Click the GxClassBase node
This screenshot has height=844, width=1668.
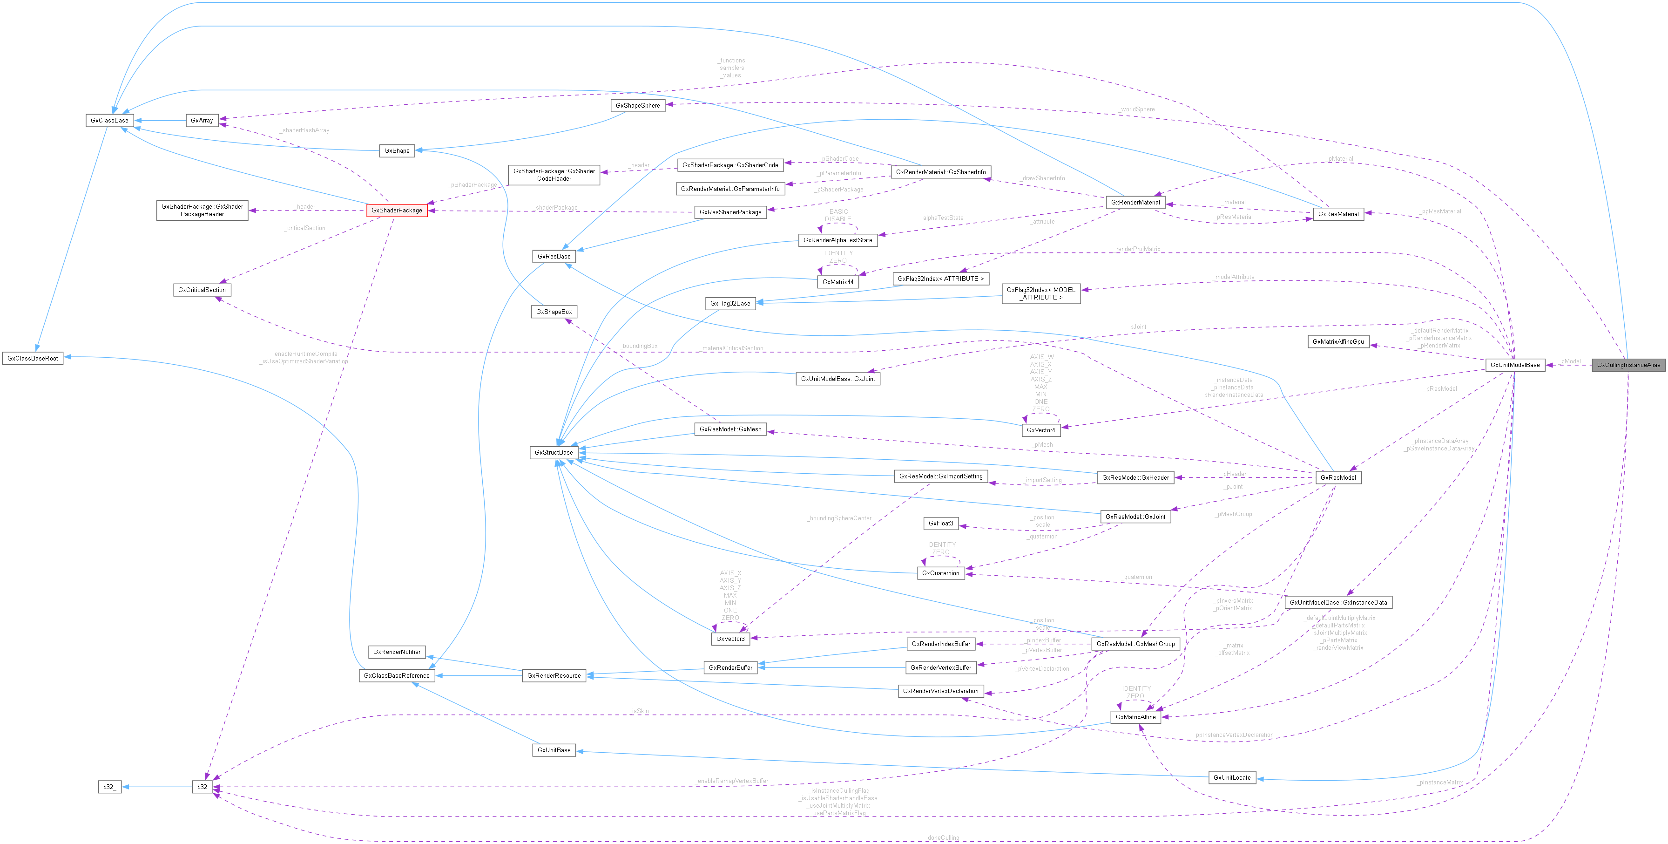pos(109,121)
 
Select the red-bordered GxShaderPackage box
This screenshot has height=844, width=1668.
pos(396,211)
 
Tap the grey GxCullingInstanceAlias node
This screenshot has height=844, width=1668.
pos(1628,365)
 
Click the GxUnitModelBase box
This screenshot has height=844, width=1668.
pos(1514,365)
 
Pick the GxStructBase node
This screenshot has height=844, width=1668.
pos(554,453)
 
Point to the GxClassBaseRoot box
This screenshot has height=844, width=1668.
pos(33,358)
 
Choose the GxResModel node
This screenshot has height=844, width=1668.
pos(1338,477)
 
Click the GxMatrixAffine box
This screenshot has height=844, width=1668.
pos(1135,717)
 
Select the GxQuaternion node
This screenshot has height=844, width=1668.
pos(940,573)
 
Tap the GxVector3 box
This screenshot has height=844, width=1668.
pos(730,639)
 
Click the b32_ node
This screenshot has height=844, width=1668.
pos(109,787)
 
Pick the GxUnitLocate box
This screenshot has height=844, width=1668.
pos(1232,777)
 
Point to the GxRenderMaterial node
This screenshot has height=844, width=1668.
pos(1135,202)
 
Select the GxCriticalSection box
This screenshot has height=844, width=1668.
pos(202,290)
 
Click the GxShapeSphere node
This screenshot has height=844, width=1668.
pos(637,106)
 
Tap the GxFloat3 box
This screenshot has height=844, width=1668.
pos(940,524)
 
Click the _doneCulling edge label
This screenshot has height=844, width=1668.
pos(942,837)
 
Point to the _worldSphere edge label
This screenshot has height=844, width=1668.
pos(1136,109)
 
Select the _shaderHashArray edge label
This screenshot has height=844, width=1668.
pos(304,130)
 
